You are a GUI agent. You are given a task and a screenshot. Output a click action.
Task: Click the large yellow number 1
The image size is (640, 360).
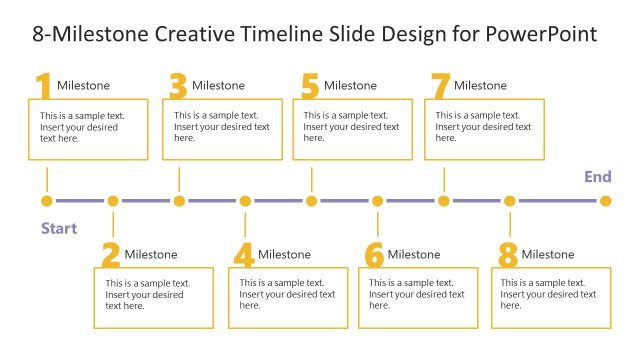click(x=43, y=87)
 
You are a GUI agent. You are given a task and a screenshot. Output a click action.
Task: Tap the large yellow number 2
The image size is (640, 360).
click(x=110, y=256)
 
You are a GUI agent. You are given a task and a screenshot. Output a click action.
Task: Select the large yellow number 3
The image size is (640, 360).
click(x=178, y=87)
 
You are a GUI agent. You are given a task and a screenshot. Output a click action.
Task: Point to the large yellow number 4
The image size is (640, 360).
click(x=244, y=256)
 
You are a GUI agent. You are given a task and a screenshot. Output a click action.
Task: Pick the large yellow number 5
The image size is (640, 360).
click(x=310, y=87)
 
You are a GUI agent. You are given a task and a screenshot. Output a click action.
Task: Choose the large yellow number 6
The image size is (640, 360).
click(x=374, y=256)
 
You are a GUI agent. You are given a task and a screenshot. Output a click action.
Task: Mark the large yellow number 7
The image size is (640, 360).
click(x=440, y=87)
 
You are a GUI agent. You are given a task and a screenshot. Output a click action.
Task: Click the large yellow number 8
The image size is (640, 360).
click(x=508, y=256)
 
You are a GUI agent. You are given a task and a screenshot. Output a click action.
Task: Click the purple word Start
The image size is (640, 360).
click(x=59, y=229)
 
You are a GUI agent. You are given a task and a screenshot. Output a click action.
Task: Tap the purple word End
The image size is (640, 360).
click(x=598, y=177)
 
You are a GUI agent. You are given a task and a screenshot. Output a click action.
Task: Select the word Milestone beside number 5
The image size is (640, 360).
click(x=350, y=86)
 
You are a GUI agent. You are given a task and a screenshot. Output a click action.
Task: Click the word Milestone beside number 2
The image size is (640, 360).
click(x=151, y=255)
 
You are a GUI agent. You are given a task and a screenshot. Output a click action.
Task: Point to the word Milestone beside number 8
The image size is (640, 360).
click(x=548, y=255)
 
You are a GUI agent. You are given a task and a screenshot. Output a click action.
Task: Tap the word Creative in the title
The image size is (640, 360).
click(x=196, y=34)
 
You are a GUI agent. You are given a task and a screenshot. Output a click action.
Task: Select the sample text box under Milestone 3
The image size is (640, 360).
click(x=222, y=129)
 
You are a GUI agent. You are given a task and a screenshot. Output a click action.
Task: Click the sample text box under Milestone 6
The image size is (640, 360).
click(x=417, y=297)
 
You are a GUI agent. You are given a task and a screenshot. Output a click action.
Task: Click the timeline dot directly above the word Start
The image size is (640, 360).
click(x=47, y=201)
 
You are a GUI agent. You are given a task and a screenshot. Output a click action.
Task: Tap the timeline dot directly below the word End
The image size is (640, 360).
click(x=605, y=201)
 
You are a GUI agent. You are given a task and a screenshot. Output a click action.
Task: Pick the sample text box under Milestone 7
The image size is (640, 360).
click(x=484, y=129)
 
